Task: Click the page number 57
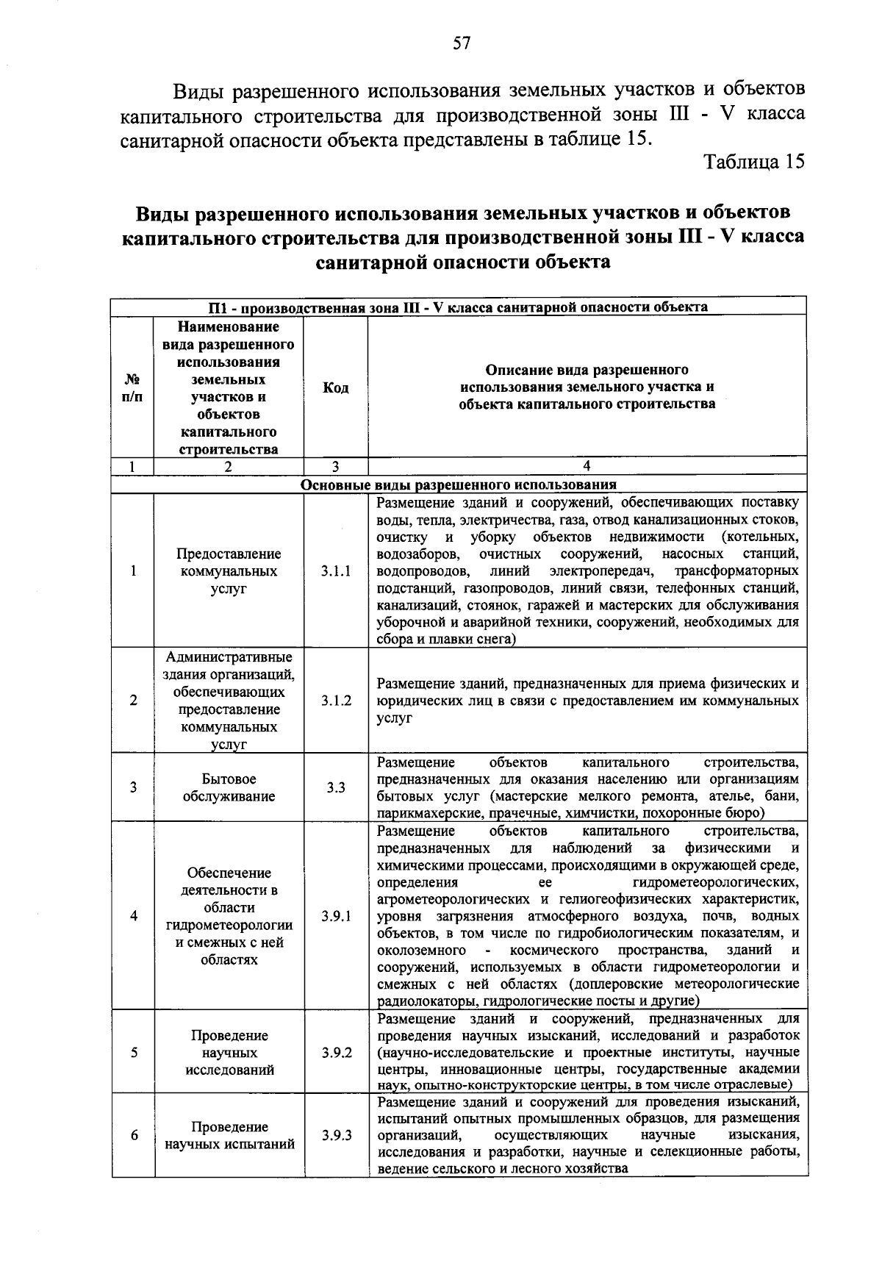point(462,43)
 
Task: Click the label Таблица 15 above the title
point(755,162)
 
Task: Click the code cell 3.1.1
point(336,571)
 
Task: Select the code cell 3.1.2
point(336,701)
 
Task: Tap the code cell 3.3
point(336,787)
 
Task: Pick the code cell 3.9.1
point(336,916)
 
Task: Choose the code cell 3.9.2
point(336,1053)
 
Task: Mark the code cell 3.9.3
point(336,1135)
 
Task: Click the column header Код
point(336,387)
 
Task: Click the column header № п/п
point(133,387)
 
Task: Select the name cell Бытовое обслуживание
point(229,787)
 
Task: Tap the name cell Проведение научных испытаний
point(229,1135)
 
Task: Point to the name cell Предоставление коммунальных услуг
point(229,571)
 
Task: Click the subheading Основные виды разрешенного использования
point(459,485)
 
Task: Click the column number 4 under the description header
point(587,466)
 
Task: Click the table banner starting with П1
point(459,307)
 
